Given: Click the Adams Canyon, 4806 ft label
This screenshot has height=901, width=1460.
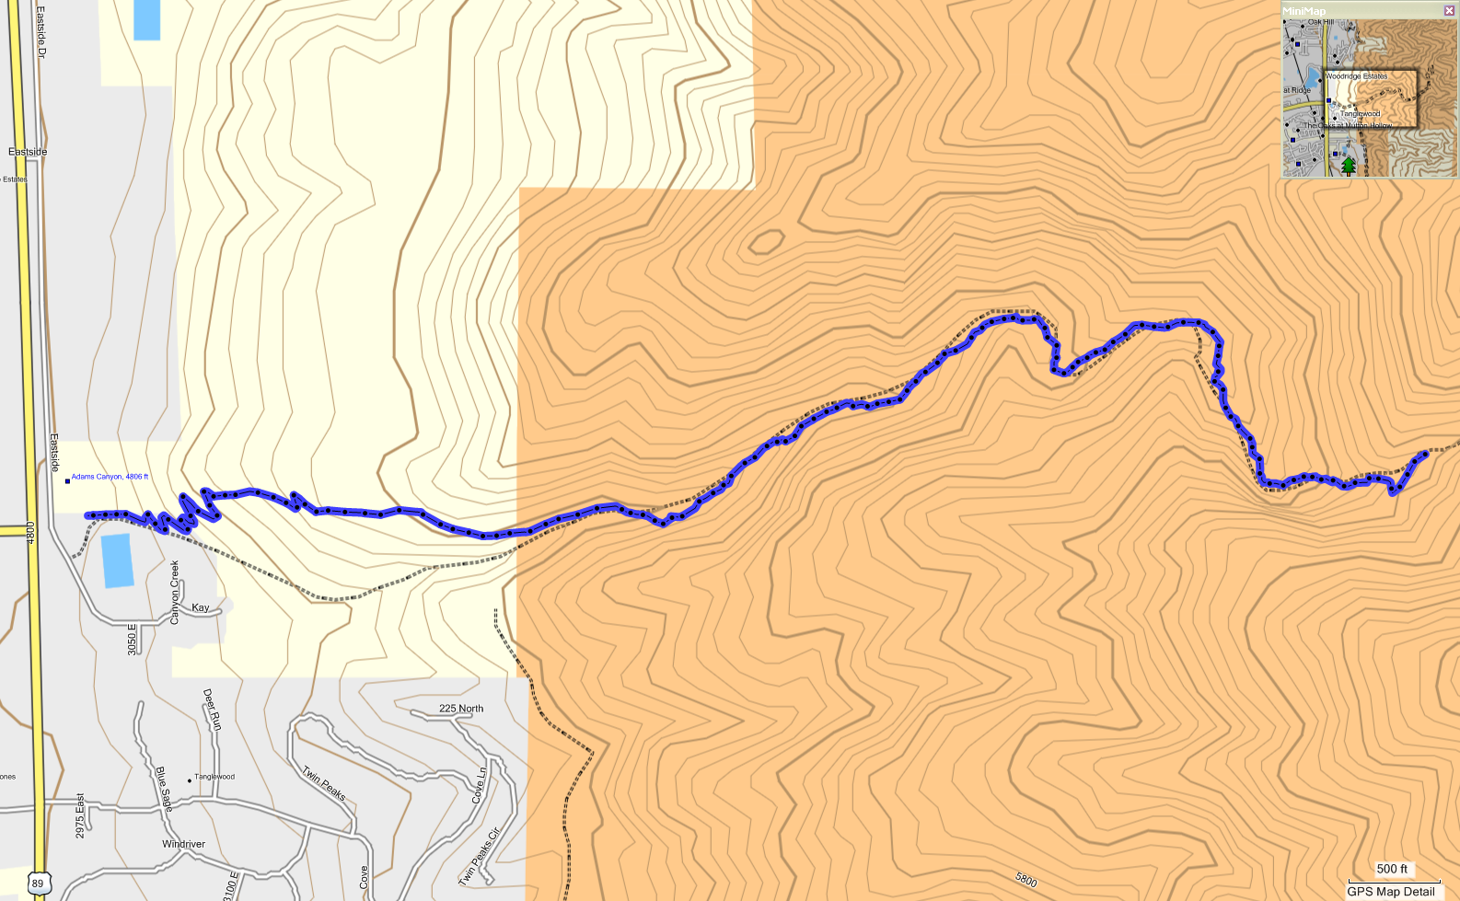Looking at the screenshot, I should [110, 477].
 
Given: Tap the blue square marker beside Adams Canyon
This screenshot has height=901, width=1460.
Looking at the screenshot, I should [67, 480].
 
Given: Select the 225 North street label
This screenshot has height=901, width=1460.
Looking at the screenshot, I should [460, 709].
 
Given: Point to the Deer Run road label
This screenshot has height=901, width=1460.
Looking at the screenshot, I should [212, 710].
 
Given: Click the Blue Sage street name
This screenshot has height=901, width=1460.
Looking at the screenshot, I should [164, 789].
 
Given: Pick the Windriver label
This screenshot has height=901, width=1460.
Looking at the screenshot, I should [183, 844].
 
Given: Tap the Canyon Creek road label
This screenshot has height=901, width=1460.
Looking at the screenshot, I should [175, 593].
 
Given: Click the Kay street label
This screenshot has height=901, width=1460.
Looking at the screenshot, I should [201, 607].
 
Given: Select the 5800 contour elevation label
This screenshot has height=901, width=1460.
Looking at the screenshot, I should [1025, 881].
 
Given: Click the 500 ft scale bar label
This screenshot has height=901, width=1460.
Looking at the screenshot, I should [1392, 869].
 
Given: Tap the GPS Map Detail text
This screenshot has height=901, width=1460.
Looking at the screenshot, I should [1391, 892].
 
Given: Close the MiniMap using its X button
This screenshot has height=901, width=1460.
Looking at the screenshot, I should [1450, 11].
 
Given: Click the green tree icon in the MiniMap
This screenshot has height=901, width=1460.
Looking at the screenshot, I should [1348, 166].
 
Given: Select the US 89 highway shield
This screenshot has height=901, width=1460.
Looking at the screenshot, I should [37, 884].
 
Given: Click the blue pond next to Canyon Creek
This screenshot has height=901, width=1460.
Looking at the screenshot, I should [117, 560].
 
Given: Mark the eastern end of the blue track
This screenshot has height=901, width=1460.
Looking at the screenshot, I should [1425, 453].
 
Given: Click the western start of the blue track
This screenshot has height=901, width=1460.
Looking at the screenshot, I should [87, 515].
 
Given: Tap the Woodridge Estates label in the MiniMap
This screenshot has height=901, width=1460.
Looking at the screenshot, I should [1356, 76].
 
